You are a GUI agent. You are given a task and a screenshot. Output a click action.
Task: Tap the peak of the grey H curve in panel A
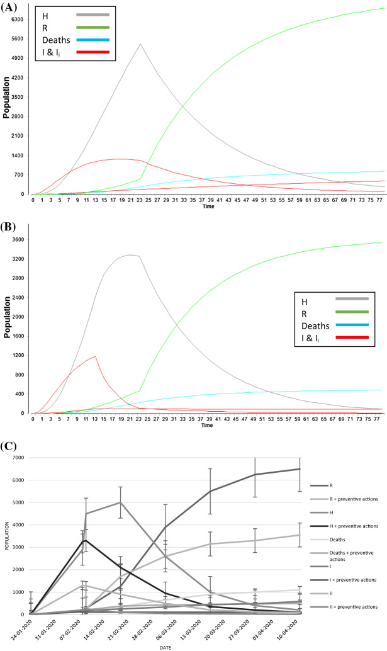coord(140,43)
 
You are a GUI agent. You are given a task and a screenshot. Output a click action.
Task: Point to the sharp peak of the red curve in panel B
coord(95,356)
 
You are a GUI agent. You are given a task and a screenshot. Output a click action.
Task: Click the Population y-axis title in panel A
coord(6,98)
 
